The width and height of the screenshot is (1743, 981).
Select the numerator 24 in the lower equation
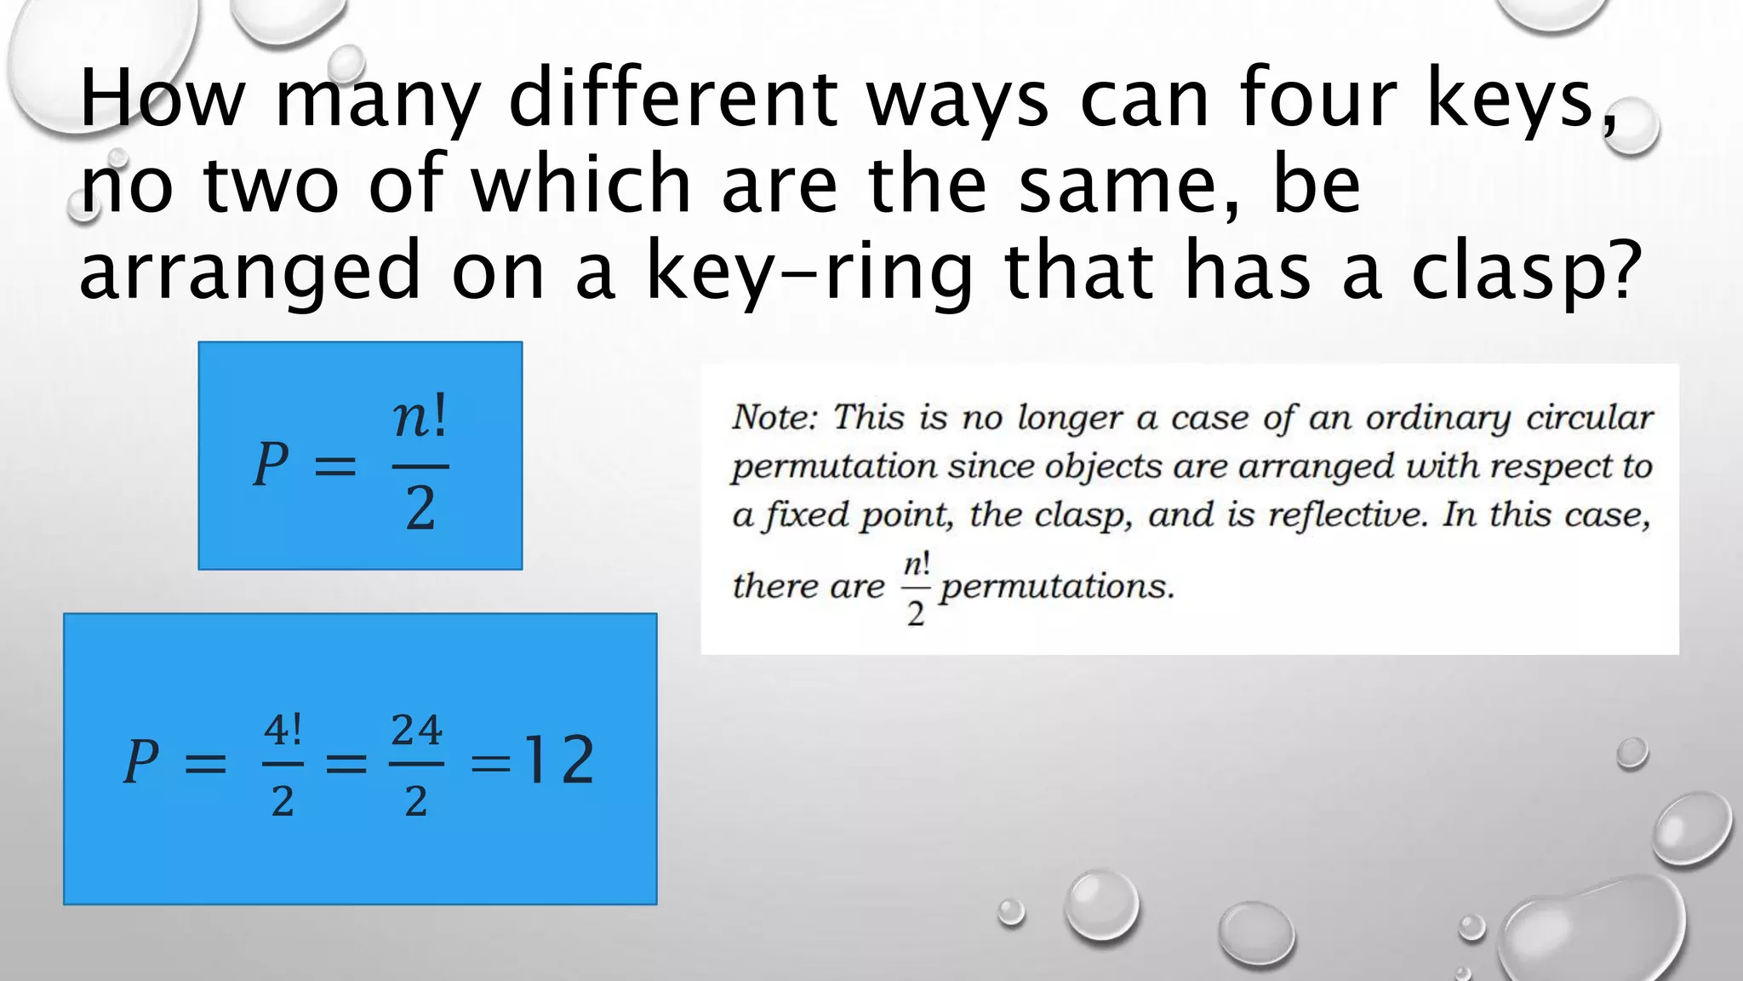click(416, 731)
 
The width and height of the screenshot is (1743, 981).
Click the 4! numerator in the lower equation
click(283, 731)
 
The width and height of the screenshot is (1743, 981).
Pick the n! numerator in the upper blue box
click(420, 419)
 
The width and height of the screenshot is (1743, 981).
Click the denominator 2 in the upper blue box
click(420, 509)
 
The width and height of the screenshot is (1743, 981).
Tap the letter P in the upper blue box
click(271, 465)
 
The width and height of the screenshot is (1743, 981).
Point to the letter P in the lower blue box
click(141, 760)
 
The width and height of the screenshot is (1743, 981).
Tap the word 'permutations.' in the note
click(1057, 586)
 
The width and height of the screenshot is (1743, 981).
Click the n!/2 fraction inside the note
click(916, 588)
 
